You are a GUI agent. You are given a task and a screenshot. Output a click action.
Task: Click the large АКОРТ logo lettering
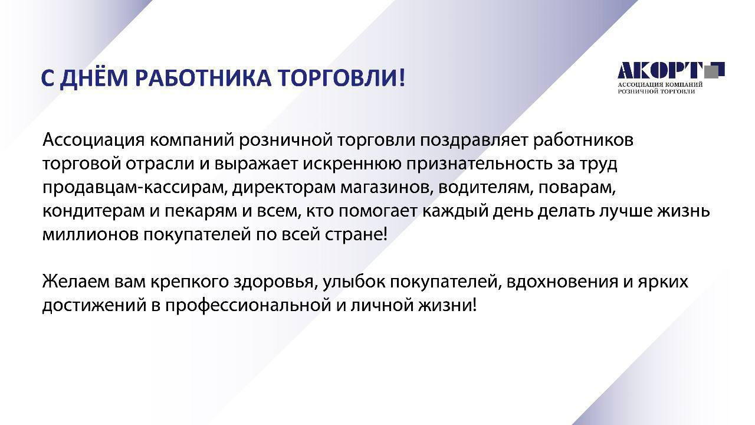[x=661, y=70]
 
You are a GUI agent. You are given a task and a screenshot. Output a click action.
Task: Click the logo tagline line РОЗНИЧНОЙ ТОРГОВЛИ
[x=656, y=91]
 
